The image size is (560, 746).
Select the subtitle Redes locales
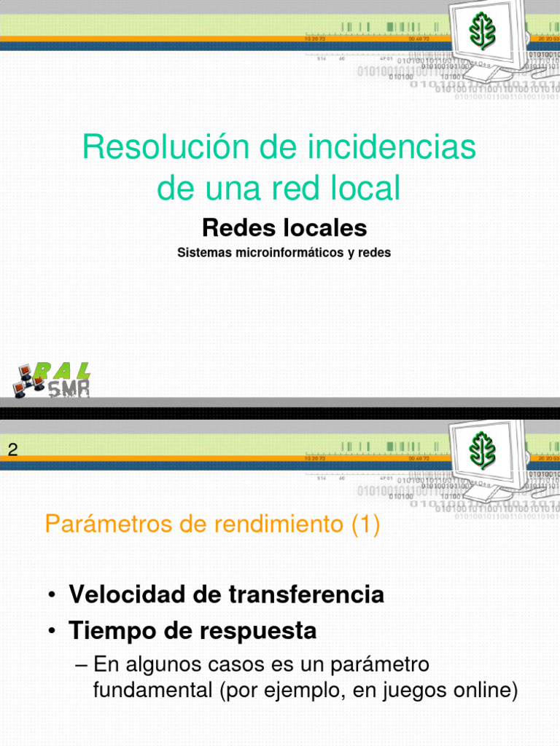coord(284,228)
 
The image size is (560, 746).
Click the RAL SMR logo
coord(51,380)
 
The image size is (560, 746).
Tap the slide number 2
coord(12,450)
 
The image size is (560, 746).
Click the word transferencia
coord(306,594)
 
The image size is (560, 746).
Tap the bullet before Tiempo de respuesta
coord(53,632)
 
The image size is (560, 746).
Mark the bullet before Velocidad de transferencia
coord(53,596)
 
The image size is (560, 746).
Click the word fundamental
coord(153,690)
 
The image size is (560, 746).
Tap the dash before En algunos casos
coord(82,665)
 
